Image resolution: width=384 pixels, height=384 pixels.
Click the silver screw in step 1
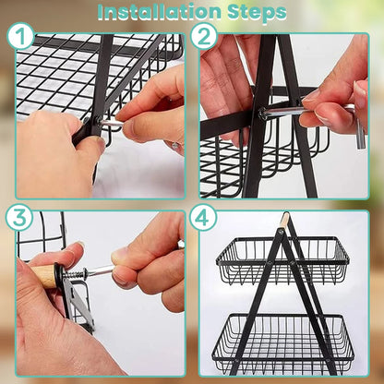(108, 123)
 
